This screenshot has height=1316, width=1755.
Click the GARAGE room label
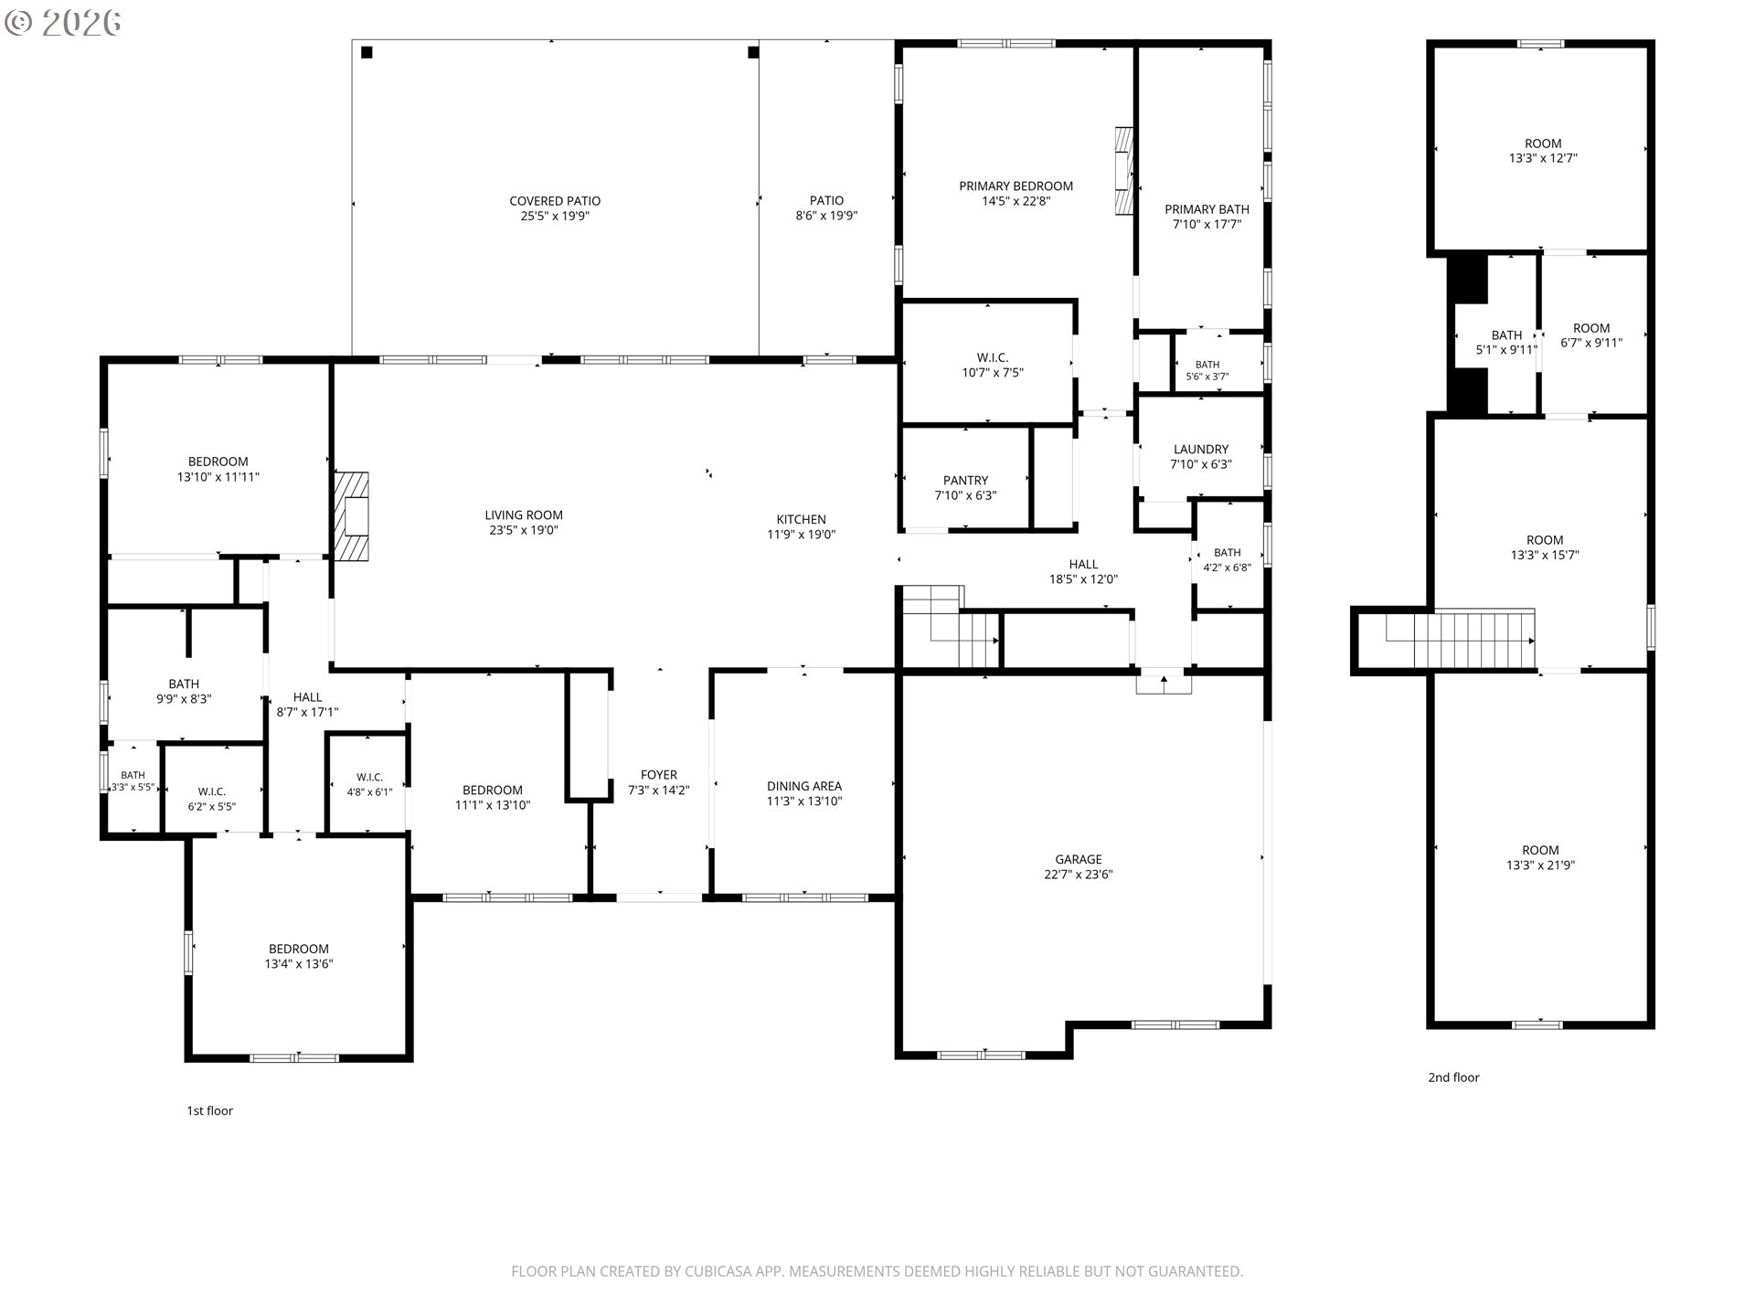coord(1079,859)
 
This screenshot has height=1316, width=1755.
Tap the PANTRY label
coord(965,481)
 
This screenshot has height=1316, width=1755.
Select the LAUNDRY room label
coord(1201,450)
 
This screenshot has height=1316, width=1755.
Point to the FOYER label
coord(659,775)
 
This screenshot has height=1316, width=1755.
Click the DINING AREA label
coord(804,786)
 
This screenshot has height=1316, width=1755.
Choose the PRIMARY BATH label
coord(1207,209)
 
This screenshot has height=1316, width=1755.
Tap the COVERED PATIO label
coord(555,201)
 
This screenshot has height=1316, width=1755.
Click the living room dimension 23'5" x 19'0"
coord(524,530)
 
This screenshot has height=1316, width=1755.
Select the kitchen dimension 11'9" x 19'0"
coord(802,535)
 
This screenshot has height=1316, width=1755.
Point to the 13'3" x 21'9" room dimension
coord(1541,865)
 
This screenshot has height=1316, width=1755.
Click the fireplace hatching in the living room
coord(352,516)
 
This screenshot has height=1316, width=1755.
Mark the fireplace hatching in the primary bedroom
coord(1124,171)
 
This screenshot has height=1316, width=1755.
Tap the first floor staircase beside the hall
coord(951,626)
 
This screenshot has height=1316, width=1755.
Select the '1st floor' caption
coord(210,1110)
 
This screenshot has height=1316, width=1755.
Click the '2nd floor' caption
coord(1453,1077)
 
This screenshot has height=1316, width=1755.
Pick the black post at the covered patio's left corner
coord(367,52)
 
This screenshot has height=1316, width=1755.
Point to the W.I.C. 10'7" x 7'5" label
coord(992,366)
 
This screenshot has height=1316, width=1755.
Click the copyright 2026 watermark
coord(62,23)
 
